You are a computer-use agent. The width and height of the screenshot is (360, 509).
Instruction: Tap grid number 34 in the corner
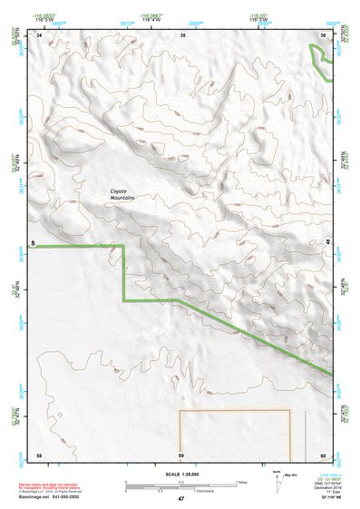(x=40, y=34)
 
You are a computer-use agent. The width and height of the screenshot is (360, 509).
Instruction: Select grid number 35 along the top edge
(x=183, y=34)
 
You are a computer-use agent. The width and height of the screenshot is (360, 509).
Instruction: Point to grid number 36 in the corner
(x=324, y=34)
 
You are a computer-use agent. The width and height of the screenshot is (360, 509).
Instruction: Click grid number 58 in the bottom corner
(x=39, y=454)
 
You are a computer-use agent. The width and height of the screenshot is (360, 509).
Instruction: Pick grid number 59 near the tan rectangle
(x=181, y=454)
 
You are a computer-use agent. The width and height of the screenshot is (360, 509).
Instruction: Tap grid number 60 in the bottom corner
(x=323, y=454)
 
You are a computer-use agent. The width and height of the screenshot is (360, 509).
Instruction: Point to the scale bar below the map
(x=180, y=484)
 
